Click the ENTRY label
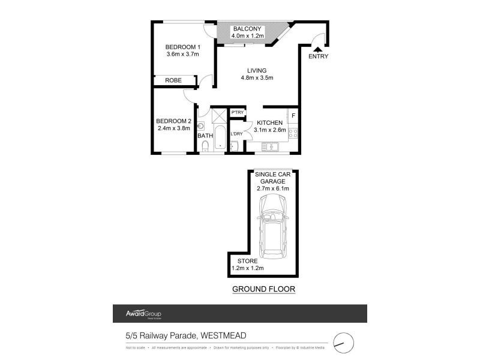point(318,56)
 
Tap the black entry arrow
point(317,48)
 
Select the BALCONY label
point(247,28)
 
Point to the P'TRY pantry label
point(238,113)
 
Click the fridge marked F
point(293,115)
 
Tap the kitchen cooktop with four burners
point(293,133)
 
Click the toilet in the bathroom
point(205,147)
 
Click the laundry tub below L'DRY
point(235,146)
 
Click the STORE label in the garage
point(247,261)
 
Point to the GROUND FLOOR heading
point(264,289)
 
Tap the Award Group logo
point(143,314)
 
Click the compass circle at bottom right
point(344,342)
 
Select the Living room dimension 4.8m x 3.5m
point(257,77)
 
